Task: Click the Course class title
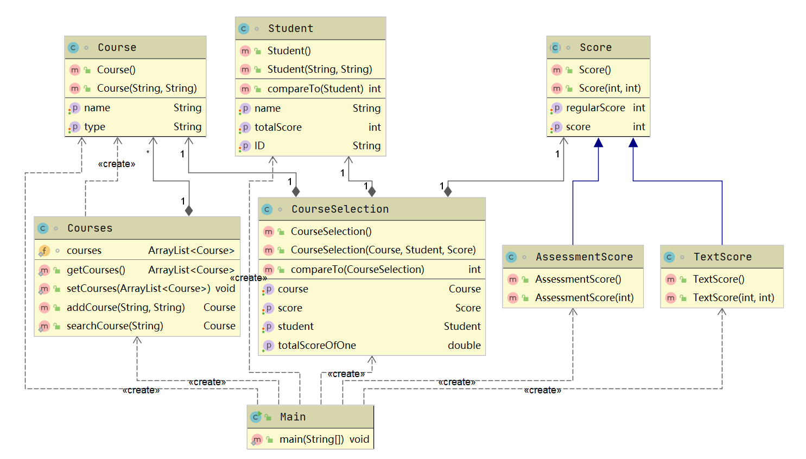[117, 48]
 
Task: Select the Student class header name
[290, 29]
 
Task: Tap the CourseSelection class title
[340, 209]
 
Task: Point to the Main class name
[293, 417]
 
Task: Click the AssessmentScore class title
[584, 257]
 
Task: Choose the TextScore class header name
[722, 257]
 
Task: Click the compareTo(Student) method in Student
[315, 89]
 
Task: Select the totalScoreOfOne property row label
[316, 346]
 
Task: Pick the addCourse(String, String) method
[125, 308]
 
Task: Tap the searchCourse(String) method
[115, 326]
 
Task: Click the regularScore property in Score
[595, 108]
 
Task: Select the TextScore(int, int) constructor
[733, 298]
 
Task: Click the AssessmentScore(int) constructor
[584, 298]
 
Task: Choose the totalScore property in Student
[278, 127]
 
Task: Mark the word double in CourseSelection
[464, 346]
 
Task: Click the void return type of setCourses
[225, 289]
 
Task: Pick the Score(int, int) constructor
[610, 88]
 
